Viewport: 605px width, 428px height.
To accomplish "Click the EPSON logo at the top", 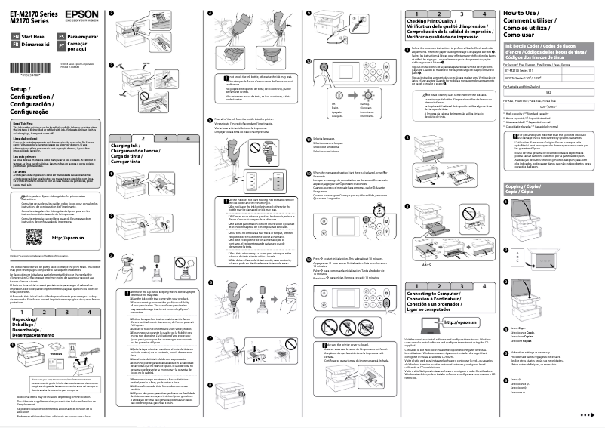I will pyautogui.click(x=76, y=14).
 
